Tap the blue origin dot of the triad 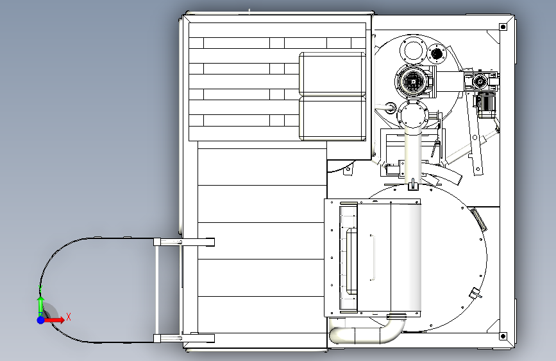pos(40,319)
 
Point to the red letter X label pos(68,316)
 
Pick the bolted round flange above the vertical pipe pos(410,116)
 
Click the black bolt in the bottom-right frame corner pos(502,335)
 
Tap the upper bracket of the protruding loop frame pos(183,242)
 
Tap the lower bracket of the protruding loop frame pos(183,338)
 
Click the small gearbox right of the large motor pos(480,80)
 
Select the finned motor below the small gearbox pos(485,106)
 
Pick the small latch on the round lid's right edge pos(475,294)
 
